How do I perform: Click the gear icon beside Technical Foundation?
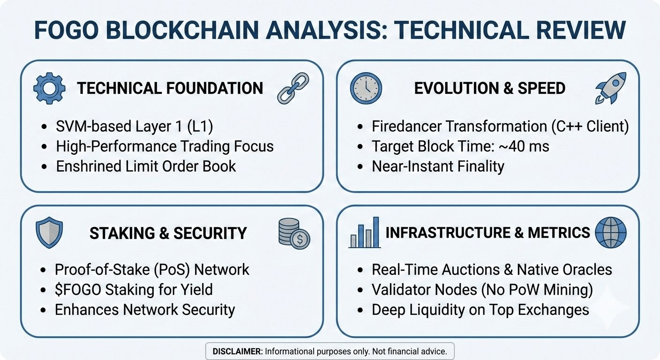50,88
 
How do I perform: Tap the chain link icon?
293,88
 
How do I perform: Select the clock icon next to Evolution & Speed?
366,88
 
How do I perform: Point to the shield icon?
49,233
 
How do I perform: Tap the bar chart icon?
364,232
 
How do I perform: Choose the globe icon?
610,232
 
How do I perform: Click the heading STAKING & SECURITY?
168,233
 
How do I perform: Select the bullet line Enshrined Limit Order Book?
146,166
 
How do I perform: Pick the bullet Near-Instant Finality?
438,166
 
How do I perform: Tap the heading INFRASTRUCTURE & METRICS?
487,233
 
